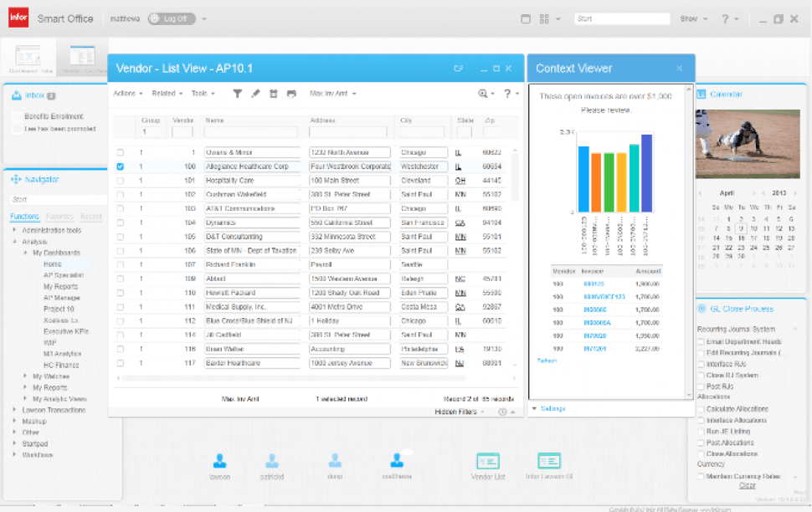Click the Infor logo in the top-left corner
18,18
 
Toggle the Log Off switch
167,18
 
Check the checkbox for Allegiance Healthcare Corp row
120,166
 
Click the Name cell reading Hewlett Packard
252,293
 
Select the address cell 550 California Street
349,223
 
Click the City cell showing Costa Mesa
420,307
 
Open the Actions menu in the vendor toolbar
127,94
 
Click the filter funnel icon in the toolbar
237,94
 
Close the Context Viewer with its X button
680,69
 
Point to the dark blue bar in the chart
646,172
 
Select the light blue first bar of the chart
583,177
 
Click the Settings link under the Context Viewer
552,408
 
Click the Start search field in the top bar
622,18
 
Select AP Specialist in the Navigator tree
64,275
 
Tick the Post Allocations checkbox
702,443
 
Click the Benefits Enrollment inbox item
54,116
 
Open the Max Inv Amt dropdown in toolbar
333,94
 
